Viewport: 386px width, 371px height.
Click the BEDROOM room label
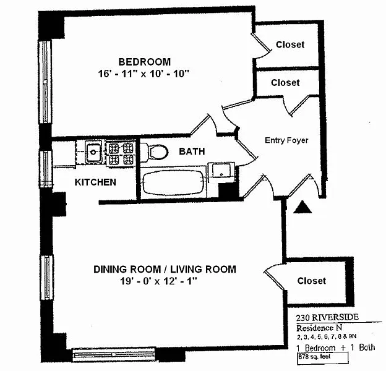145,61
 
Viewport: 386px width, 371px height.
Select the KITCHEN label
95,182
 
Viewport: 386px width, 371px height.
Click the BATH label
192,151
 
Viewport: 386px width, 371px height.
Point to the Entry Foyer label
286,140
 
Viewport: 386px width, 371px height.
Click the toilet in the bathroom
158,151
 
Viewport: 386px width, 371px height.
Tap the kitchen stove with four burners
121,153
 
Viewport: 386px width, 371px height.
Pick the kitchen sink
93,151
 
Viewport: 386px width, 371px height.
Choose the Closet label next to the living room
311,281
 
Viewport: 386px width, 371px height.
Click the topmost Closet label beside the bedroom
290,45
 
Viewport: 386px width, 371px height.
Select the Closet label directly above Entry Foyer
285,82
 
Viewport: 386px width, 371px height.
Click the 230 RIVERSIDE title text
324,317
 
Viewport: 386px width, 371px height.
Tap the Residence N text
318,328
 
